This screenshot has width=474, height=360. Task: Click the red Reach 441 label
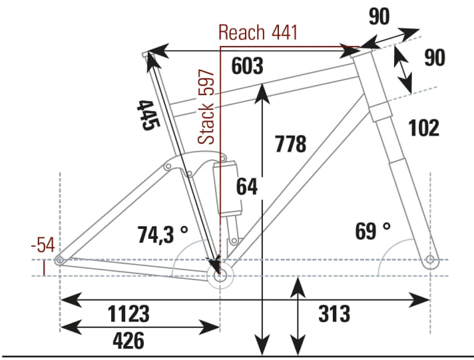[258, 32]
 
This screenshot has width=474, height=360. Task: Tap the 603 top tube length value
[248, 67]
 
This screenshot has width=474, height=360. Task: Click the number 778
[290, 143]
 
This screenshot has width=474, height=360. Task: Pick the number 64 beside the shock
[246, 186]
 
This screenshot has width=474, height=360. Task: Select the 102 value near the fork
[423, 127]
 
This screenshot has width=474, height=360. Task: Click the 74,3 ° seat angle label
[162, 234]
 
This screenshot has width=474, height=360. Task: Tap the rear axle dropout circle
[60, 260]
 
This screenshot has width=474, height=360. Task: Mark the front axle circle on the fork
[430, 259]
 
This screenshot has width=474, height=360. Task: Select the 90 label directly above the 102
[434, 58]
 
